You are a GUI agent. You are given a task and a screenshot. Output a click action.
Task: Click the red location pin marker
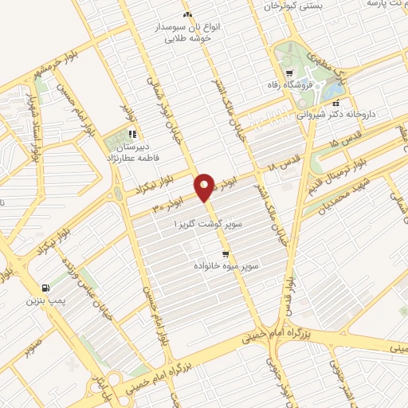click(204, 187)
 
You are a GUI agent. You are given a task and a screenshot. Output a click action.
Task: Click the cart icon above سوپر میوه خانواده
click(216, 253)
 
